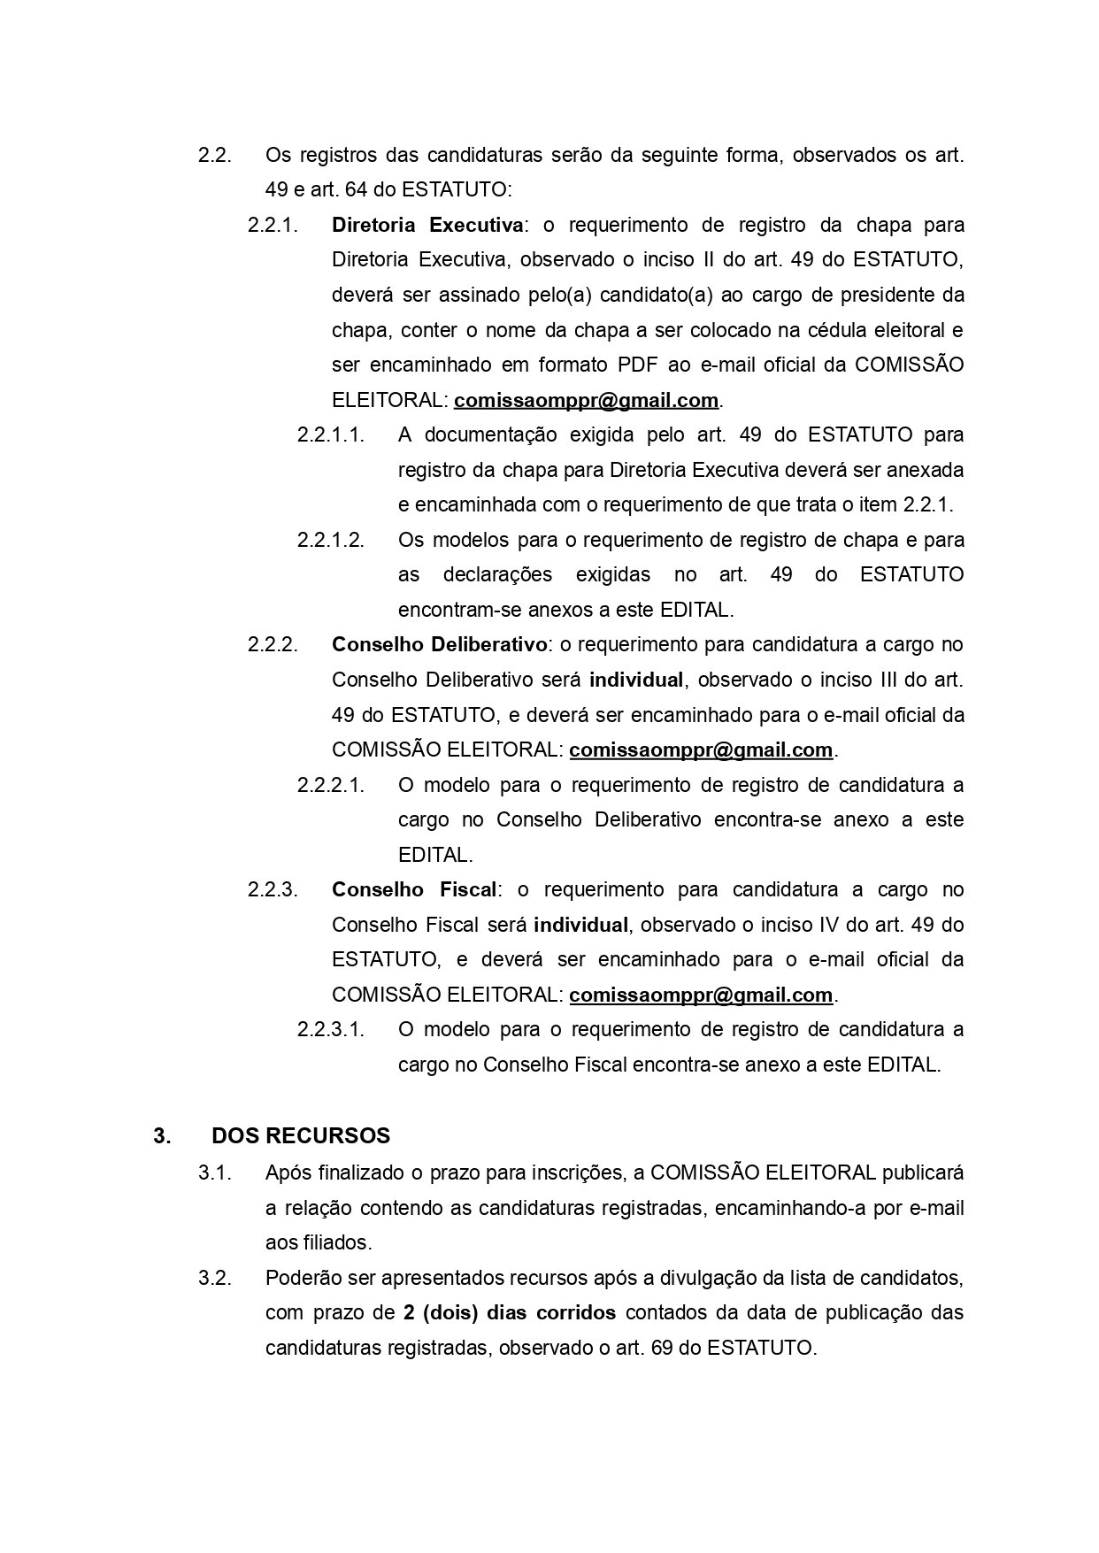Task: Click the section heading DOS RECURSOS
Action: (301, 1135)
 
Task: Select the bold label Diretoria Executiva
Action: (427, 225)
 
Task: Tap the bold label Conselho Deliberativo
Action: (439, 644)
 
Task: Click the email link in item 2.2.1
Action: (586, 400)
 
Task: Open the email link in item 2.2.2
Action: (701, 750)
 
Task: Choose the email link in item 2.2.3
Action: (701, 995)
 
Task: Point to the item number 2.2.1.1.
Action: (331, 434)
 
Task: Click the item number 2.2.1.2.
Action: (331, 540)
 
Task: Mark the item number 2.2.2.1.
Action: (331, 785)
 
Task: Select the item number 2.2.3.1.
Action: (331, 1030)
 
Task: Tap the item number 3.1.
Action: (215, 1173)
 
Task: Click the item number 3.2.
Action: (215, 1278)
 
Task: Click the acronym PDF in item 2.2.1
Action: (637, 365)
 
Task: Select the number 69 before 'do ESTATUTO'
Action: (662, 1348)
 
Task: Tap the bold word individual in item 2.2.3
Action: (580, 925)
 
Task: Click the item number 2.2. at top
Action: (215, 155)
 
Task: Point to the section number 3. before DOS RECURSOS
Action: (162, 1135)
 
